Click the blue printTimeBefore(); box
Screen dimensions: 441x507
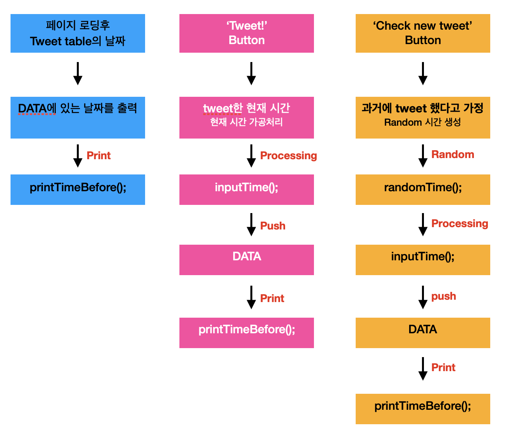78,189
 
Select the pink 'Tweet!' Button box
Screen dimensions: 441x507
246,33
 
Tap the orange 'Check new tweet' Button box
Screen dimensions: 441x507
423,33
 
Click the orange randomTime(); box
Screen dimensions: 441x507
423,189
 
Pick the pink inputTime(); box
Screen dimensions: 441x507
246,189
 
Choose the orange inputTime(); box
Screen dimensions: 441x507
423,260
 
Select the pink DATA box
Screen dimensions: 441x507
246,260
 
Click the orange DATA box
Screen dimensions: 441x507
423,333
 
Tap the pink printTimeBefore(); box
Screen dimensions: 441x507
246,333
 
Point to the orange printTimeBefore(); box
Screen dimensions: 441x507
423,409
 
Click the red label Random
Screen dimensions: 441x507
452,155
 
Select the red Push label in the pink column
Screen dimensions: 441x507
273,226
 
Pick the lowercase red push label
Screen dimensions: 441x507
443,296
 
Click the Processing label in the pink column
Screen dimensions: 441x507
288,156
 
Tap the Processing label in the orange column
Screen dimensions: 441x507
459,224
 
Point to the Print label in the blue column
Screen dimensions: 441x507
98,156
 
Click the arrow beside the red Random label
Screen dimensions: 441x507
423,156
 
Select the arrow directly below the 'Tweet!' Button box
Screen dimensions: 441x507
252,73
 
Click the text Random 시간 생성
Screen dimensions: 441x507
422,123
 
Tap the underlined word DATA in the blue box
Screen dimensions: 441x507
32,108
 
